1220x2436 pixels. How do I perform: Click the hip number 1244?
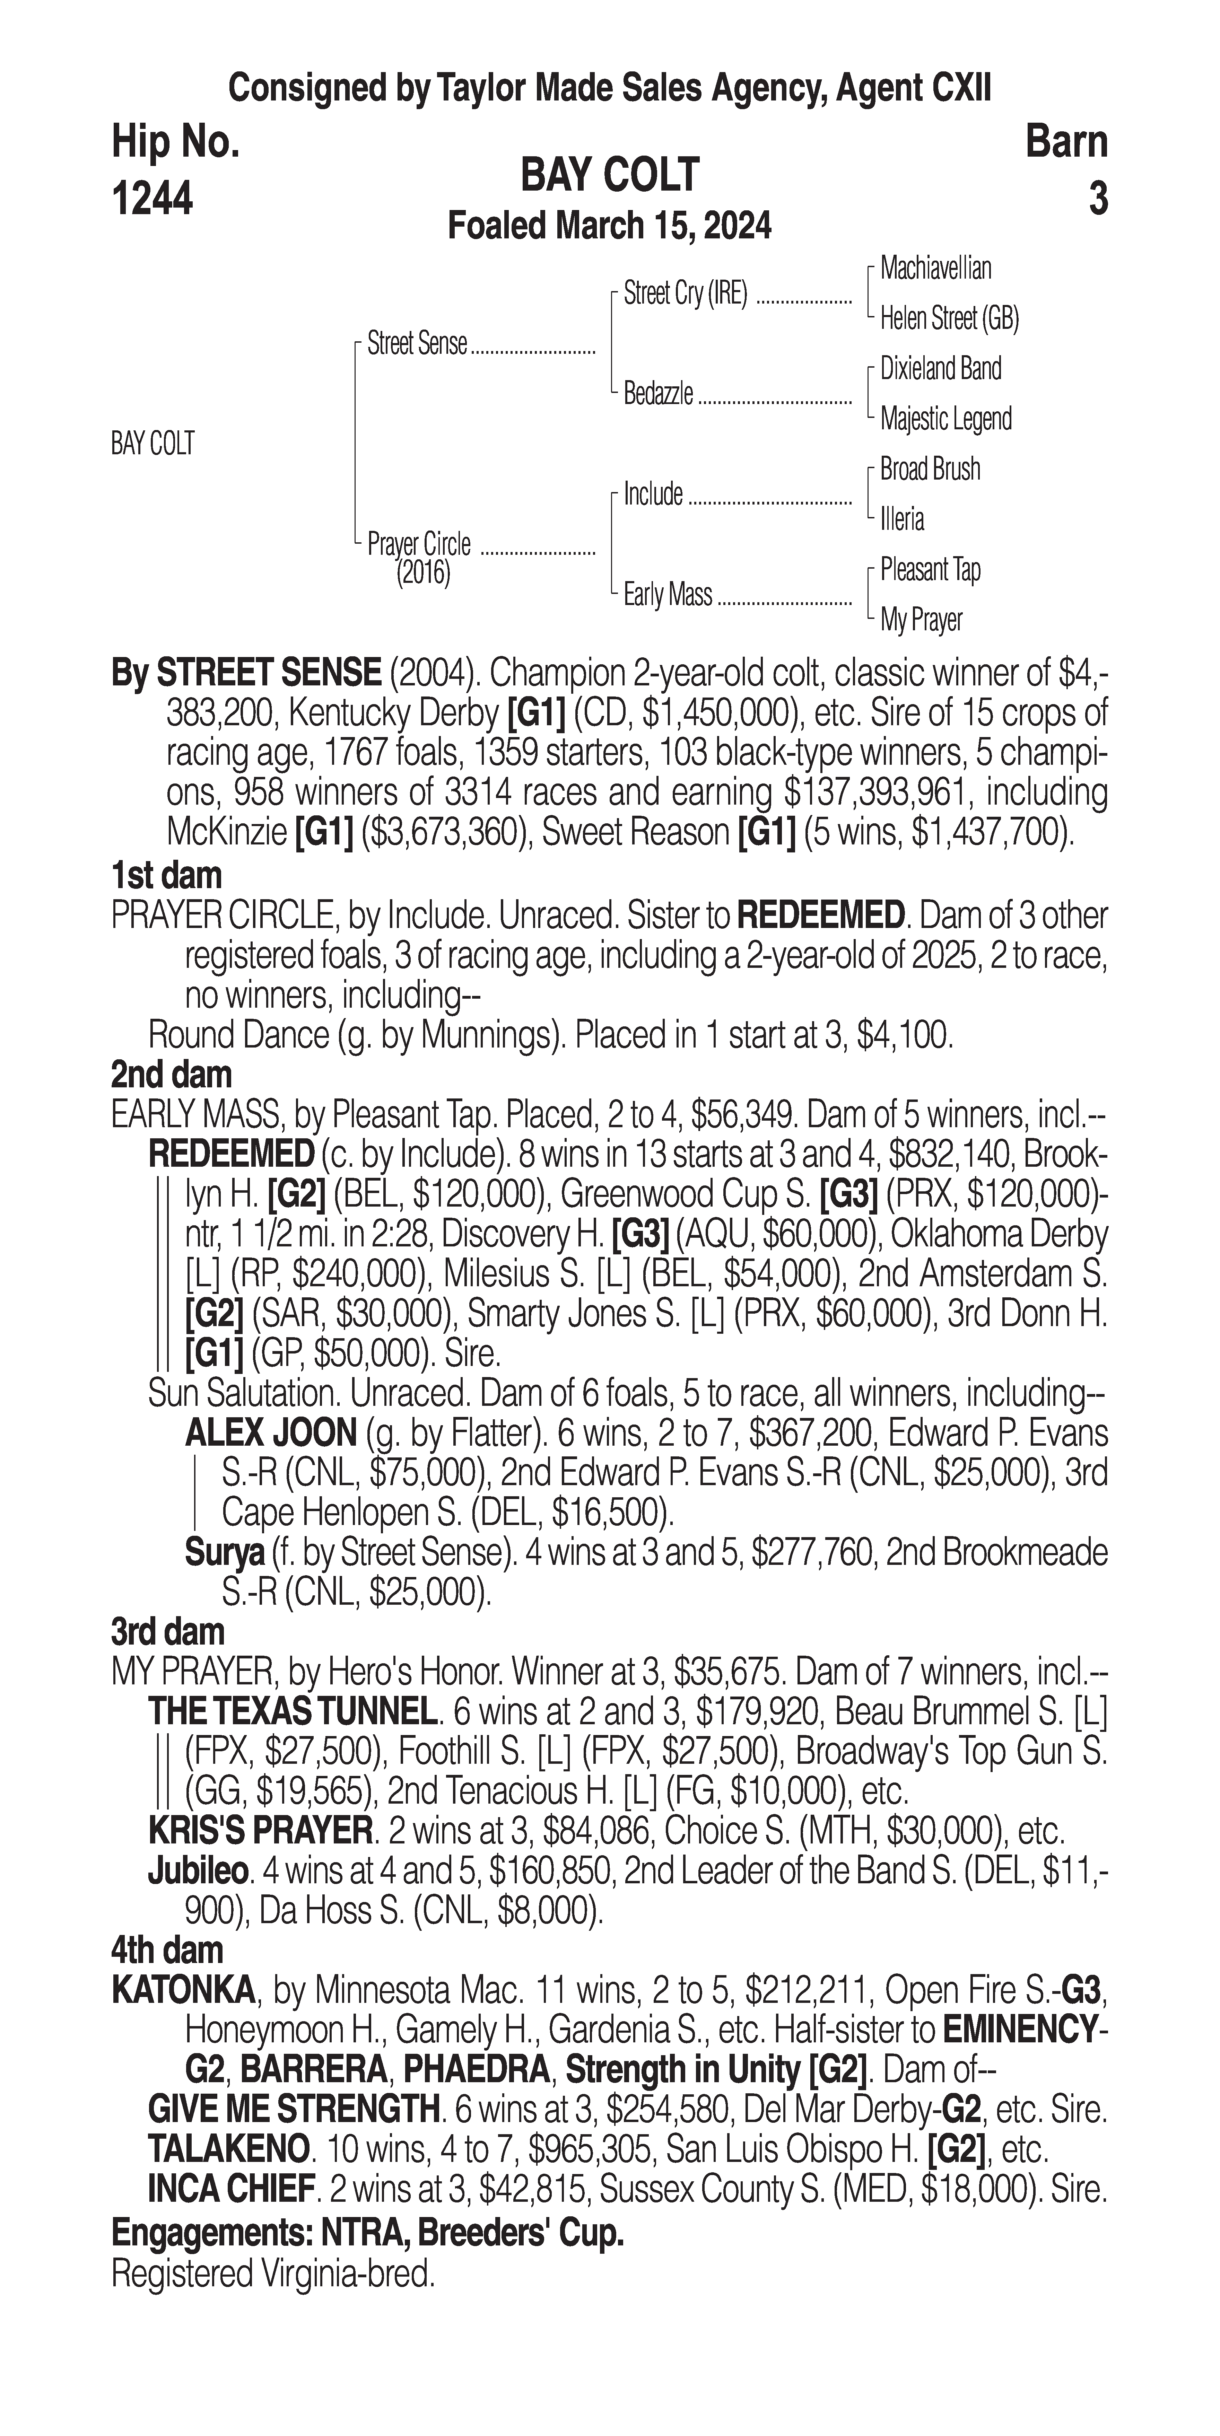tap(152, 200)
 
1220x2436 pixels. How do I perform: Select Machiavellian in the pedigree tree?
tap(935, 269)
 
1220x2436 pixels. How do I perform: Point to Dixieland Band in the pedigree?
tap(940, 369)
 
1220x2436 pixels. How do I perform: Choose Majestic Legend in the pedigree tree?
tap(946, 419)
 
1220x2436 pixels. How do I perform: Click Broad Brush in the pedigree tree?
tap(930, 469)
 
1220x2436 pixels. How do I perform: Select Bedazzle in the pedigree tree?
tap(658, 393)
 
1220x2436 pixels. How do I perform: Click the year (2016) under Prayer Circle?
tap(423, 573)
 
